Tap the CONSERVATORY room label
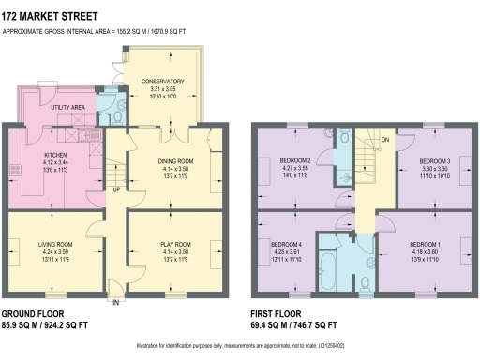(162, 82)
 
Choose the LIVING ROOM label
(55, 244)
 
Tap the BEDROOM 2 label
(295, 160)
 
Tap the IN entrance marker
(116, 304)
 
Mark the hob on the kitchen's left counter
(16, 170)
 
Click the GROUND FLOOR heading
(30, 313)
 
